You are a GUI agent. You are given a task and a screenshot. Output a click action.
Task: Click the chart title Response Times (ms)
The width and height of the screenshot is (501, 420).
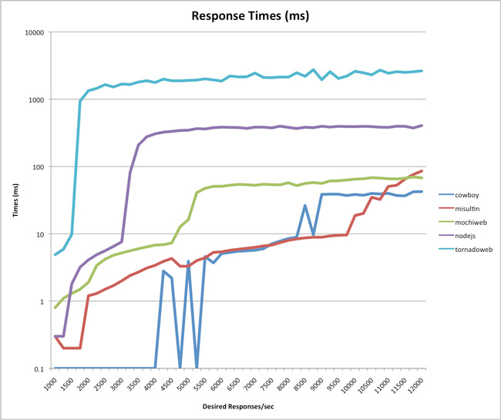coord(250,15)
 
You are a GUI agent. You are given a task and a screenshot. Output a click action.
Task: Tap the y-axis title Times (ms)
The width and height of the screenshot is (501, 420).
coord(15,200)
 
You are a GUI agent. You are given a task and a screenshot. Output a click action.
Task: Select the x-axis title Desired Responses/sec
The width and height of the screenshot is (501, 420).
coord(238,407)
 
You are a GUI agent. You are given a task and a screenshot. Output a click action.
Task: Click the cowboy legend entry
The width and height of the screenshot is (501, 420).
coord(459,195)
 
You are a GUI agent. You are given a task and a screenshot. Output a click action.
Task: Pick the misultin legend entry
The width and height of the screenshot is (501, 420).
coord(459,209)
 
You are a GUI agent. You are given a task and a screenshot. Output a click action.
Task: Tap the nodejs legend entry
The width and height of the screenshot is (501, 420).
coord(457,236)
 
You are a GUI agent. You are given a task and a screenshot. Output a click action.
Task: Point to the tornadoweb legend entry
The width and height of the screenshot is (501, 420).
coord(466,250)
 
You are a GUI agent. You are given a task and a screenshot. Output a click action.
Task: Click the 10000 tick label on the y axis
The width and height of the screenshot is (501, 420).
coord(35,32)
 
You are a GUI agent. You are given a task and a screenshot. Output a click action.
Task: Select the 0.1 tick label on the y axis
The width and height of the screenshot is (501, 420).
coord(39,368)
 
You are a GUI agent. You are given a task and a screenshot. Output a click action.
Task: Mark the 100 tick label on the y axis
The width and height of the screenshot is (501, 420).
coord(39,166)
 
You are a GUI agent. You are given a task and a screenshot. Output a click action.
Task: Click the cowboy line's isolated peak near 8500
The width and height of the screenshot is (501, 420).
coord(305,206)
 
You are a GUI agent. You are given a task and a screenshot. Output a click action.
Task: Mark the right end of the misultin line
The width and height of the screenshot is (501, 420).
coord(422,171)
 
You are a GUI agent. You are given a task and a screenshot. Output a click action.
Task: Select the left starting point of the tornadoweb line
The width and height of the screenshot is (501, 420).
coord(55,254)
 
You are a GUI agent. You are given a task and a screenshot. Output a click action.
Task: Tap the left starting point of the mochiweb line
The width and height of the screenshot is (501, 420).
coord(55,307)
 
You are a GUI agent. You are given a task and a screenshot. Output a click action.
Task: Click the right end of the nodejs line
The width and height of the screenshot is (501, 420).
coord(422,126)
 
